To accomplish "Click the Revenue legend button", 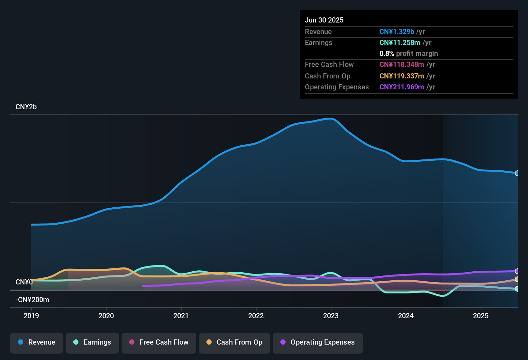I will pos(37,342).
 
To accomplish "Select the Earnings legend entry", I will pos(92,342).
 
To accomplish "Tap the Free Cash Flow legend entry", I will pos(159,342).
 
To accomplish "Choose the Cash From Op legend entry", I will pos(234,342).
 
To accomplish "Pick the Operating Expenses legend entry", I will pos(318,342).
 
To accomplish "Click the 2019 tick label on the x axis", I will pos(31,316).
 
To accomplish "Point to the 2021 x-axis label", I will pos(181,316).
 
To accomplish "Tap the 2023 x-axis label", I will pos(331,316).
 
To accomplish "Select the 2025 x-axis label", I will pos(481,316).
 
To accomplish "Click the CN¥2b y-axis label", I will pos(26,107).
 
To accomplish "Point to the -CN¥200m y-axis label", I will pos(32,300).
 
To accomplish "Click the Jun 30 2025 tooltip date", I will pos(324,20).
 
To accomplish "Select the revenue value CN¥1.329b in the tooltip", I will pos(396,32).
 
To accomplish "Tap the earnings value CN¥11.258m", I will pos(400,42).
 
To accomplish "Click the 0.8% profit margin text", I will pos(408,53).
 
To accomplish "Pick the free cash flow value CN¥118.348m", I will pos(402,64).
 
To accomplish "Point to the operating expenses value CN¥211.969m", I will pos(402,87).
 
